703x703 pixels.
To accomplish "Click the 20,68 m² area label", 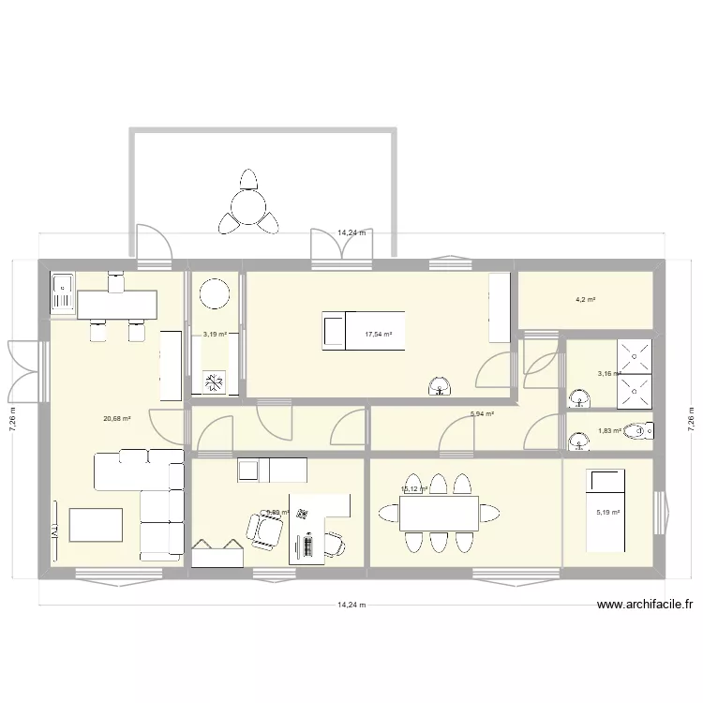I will (117, 419).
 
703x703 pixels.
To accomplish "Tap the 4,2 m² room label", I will (586, 300).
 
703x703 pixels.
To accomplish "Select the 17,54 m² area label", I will (379, 334).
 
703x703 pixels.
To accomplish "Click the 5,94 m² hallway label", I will (482, 413).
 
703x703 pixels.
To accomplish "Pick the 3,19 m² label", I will (216, 334).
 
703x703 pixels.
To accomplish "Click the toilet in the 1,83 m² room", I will (640, 432).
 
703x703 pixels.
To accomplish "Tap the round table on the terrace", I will (248, 203).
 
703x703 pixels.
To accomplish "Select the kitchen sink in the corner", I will (63, 292).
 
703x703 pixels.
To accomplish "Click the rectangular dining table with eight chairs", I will (438, 513).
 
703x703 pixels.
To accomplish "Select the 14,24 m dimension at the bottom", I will (351, 606).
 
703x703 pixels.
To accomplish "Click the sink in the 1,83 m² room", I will (575, 441).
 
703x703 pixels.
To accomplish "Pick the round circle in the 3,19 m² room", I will (216, 294).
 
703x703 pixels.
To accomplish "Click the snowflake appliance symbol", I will (215, 381).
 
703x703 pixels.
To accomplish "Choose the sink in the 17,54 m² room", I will (438, 385).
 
